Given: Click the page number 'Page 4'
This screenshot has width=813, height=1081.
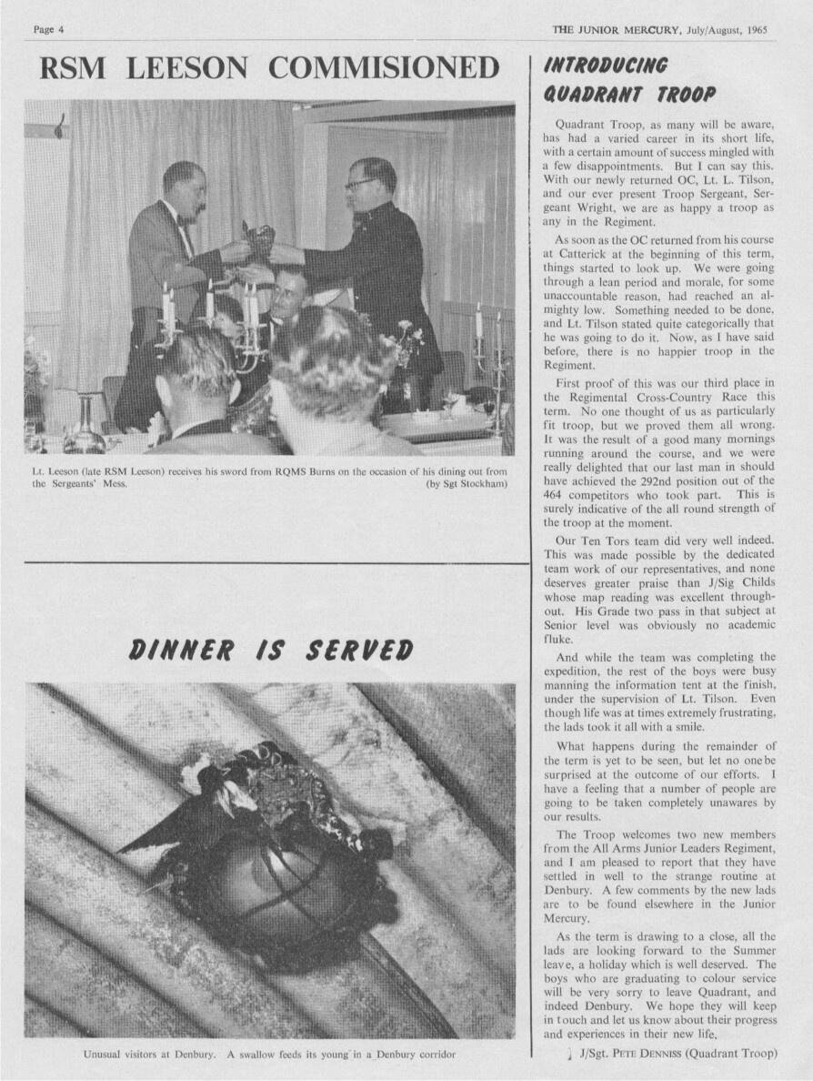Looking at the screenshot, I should (48, 30).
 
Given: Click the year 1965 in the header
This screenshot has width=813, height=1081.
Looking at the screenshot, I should (754, 30).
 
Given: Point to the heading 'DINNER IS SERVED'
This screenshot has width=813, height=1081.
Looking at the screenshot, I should (271, 650).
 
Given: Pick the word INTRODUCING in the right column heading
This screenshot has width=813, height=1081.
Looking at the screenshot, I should (605, 65).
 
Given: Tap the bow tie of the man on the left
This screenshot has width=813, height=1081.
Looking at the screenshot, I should (186, 221).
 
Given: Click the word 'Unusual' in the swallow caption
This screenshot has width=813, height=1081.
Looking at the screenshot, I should (103, 1055).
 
